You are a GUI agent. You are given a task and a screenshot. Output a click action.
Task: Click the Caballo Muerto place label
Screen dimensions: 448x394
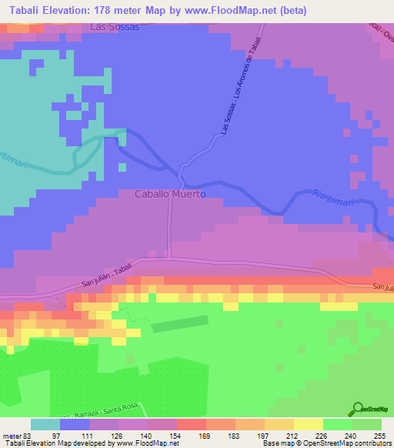tap(170, 195)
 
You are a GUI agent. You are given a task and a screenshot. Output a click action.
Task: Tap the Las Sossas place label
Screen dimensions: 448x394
tap(115, 27)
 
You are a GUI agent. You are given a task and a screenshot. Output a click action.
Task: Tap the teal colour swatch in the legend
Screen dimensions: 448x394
tap(45, 424)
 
